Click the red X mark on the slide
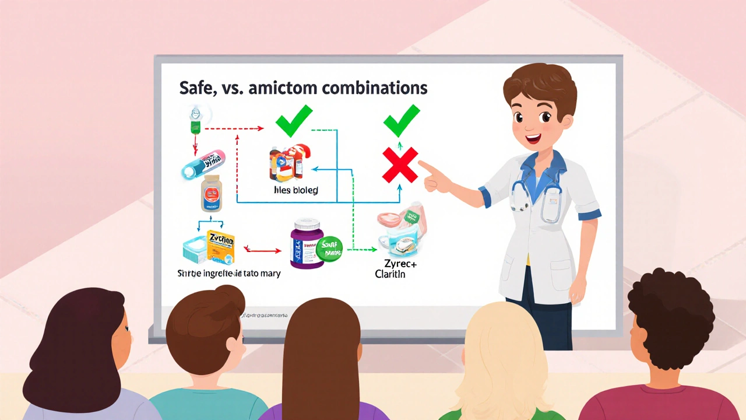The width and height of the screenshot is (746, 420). coord(400,164)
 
